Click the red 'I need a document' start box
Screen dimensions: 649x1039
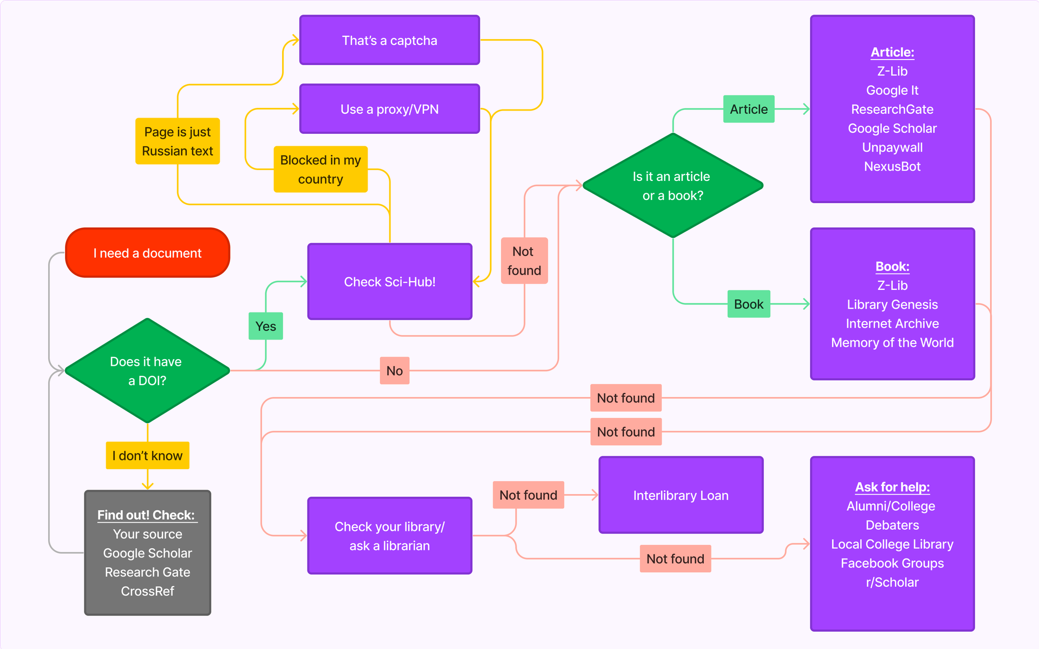[147, 253]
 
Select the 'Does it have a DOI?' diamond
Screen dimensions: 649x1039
[147, 371]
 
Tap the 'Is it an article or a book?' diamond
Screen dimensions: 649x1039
[672, 186]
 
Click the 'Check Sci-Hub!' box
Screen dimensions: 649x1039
[390, 282]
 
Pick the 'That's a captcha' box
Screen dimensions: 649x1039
[390, 41]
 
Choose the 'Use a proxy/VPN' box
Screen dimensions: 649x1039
[390, 109]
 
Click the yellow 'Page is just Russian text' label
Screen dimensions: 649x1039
[178, 141]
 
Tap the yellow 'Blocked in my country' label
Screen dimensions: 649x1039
[321, 170]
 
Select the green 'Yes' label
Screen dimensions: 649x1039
[266, 326]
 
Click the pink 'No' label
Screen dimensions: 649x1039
[395, 371]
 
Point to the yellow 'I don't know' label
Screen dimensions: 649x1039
[147, 456]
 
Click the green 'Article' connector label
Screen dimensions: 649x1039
[749, 109]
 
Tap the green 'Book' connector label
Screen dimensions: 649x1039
[749, 304]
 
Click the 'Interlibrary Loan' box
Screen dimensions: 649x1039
[681, 495]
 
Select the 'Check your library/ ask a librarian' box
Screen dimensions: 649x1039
[390, 536]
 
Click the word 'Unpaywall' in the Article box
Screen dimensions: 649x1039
[892, 147]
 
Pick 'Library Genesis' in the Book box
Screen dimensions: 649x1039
[892, 304]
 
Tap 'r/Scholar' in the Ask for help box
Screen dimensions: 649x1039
[892, 582]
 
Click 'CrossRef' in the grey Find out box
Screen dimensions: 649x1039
[147, 591]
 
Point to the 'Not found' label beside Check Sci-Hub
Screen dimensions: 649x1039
[524, 261]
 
